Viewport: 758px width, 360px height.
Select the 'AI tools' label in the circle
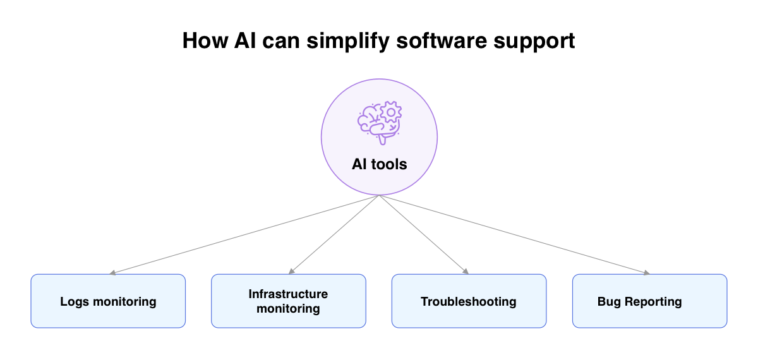379,164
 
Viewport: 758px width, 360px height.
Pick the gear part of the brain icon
391,112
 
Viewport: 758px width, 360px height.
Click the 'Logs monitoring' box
108,301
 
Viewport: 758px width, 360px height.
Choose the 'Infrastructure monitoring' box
288,301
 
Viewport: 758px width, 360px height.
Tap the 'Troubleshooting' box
469,301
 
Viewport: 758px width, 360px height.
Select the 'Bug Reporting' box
649,301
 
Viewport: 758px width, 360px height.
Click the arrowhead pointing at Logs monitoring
112,273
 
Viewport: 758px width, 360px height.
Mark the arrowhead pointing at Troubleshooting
466,272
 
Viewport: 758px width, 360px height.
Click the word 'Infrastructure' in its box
288,294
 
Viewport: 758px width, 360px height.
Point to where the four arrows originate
379,195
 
